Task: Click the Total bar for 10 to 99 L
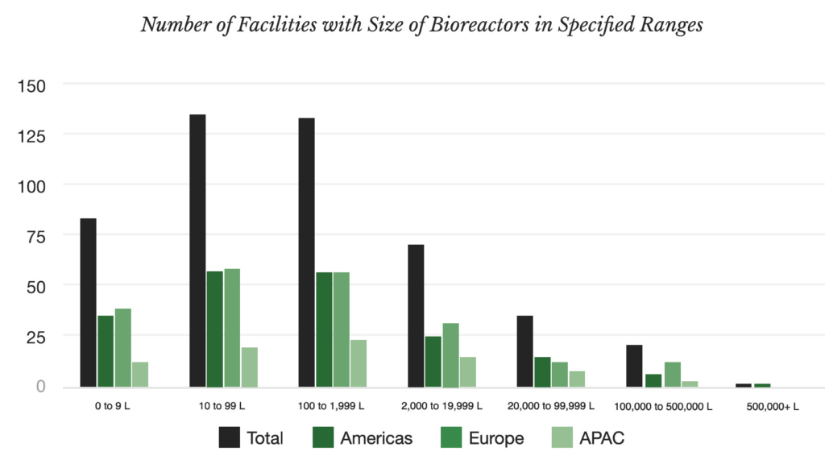(x=197, y=251)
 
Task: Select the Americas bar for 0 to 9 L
(x=106, y=351)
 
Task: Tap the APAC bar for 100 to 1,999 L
(x=359, y=363)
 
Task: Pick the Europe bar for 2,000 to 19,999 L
(x=450, y=355)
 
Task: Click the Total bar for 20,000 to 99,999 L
(x=524, y=351)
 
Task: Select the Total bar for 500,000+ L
(x=744, y=385)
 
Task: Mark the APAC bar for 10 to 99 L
(x=249, y=367)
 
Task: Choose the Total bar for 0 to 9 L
(x=89, y=303)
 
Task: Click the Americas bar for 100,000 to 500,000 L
(x=653, y=380)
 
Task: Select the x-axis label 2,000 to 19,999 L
(x=442, y=406)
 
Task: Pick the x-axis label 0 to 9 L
(x=112, y=406)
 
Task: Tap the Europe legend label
(x=497, y=438)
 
